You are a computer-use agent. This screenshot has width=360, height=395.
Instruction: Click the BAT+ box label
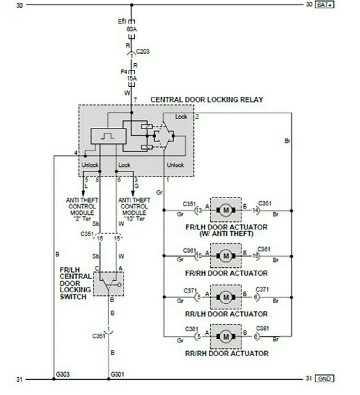325,5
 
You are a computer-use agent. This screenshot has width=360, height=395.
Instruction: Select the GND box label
324,378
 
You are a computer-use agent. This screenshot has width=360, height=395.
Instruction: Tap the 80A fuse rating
132,29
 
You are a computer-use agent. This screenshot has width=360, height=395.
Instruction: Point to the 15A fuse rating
132,78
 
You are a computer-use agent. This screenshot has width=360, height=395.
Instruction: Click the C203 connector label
143,51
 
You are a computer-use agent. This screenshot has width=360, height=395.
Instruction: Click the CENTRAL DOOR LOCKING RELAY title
207,100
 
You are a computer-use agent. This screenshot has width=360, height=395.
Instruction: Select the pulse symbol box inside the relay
108,136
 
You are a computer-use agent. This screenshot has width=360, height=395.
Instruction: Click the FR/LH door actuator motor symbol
226,210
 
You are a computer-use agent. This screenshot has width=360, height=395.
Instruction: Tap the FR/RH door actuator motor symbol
226,256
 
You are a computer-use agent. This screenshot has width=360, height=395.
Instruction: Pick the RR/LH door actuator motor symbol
226,297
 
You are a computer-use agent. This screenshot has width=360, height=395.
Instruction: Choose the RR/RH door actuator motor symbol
226,336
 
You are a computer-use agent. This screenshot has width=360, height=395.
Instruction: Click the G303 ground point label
63,374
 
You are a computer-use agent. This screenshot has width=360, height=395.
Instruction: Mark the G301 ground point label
118,374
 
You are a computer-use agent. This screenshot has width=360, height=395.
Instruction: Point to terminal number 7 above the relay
135,100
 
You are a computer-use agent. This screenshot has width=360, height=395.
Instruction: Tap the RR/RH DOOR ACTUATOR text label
227,354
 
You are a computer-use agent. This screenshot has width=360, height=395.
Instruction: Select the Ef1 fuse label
122,21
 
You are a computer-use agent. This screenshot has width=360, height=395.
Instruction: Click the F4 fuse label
124,72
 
